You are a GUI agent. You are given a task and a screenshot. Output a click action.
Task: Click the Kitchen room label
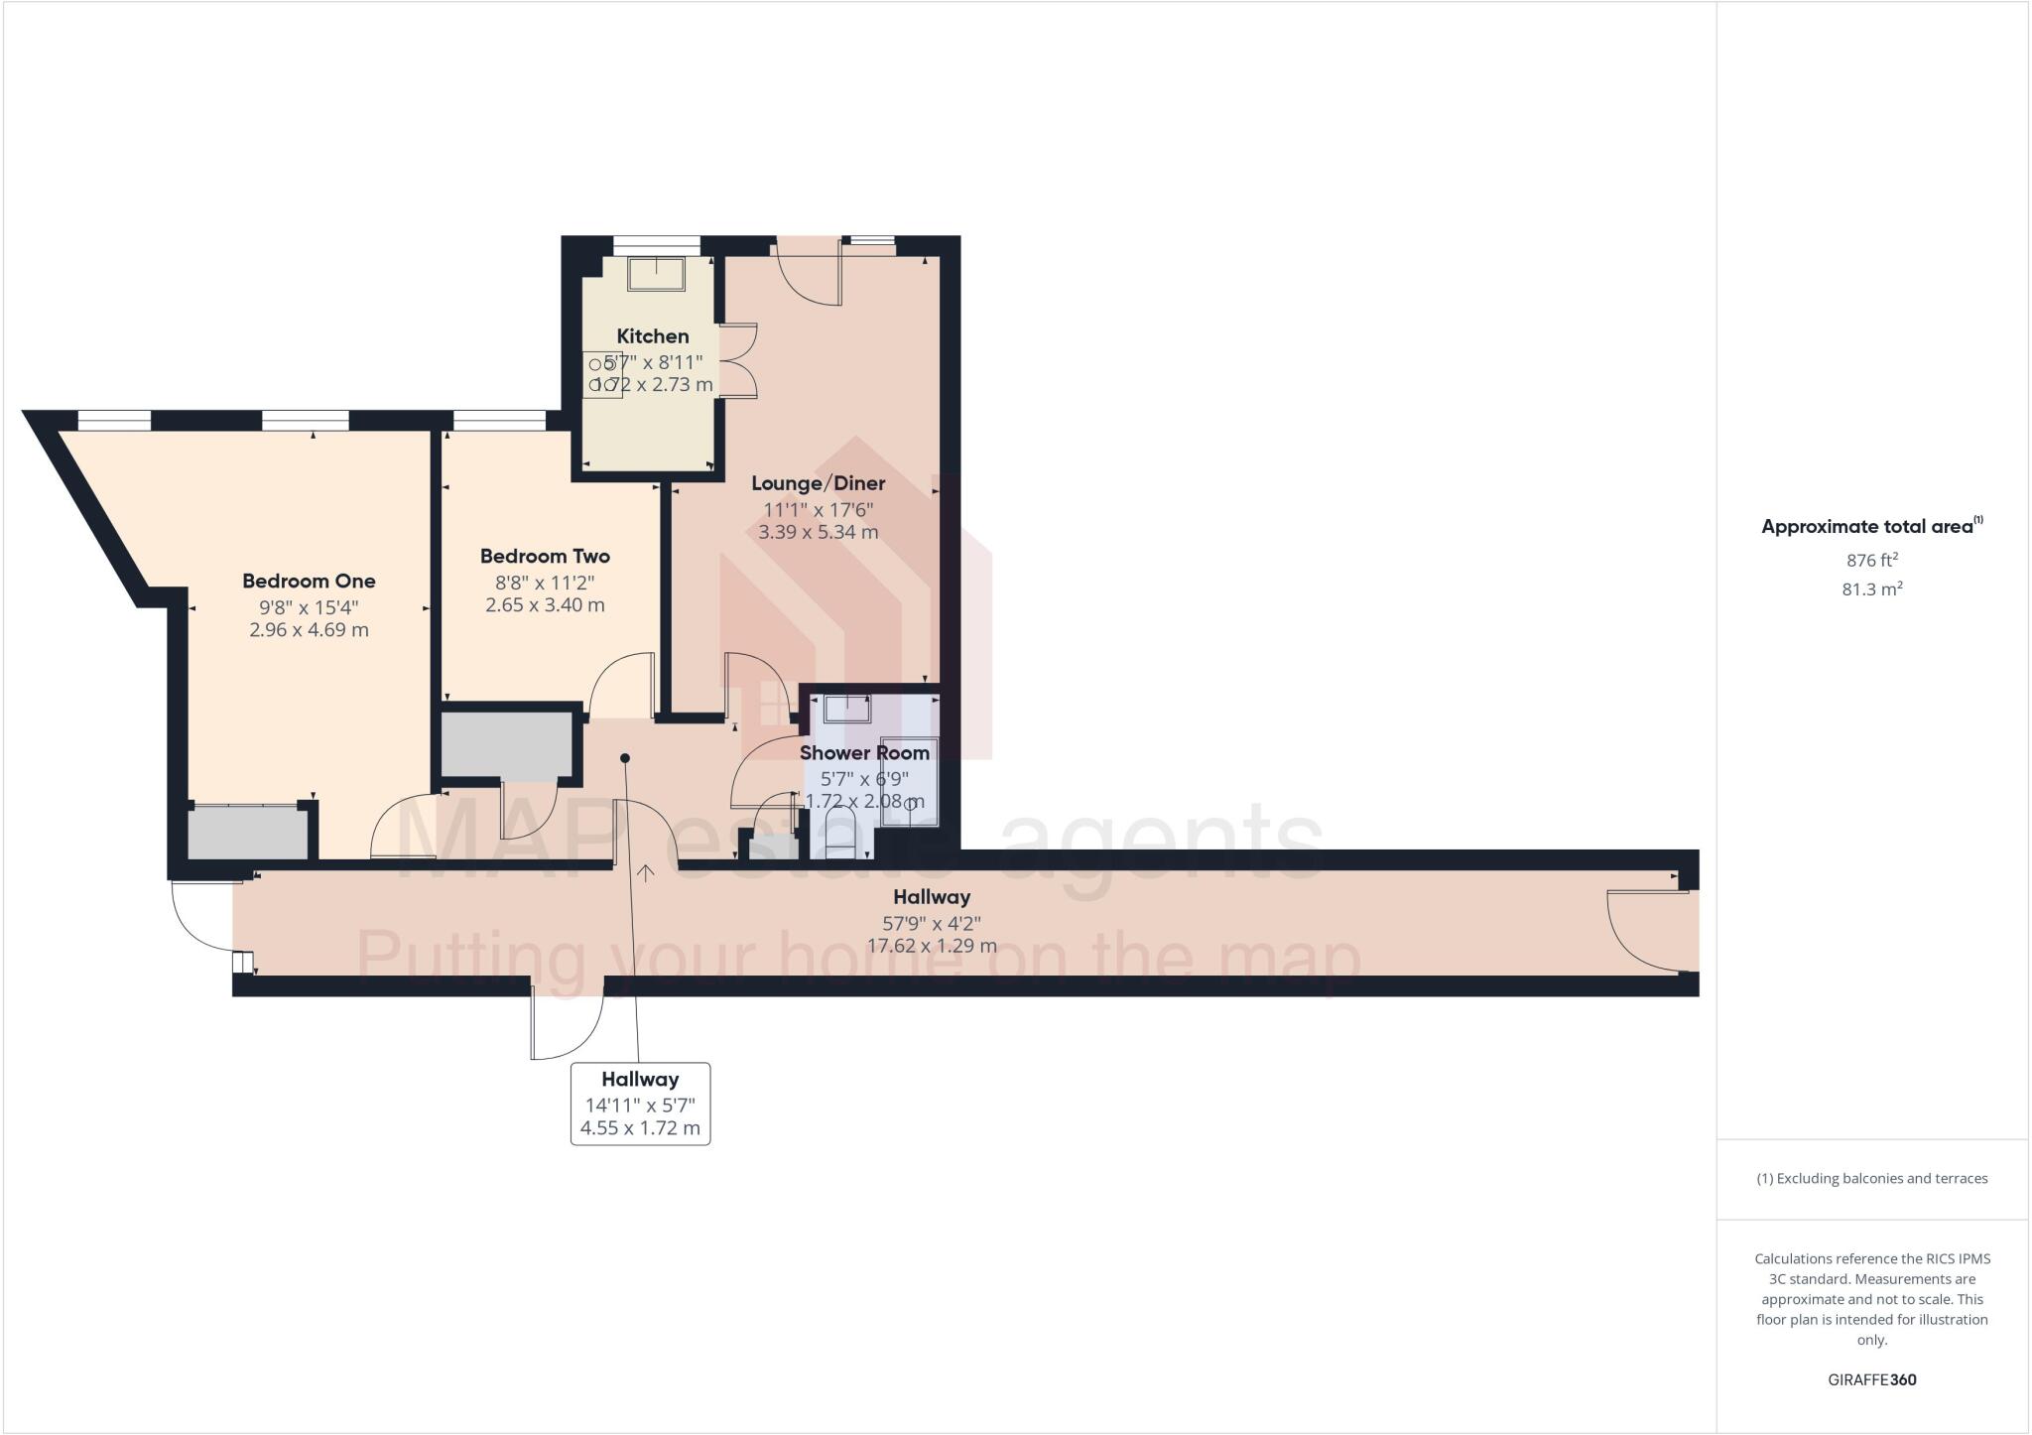(x=652, y=336)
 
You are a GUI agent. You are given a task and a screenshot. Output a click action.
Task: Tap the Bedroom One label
(x=309, y=581)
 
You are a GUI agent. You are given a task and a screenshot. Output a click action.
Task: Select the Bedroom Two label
(x=545, y=556)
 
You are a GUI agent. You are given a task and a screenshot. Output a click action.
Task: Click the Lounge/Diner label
(x=818, y=483)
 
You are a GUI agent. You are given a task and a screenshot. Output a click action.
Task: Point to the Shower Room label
(x=864, y=753)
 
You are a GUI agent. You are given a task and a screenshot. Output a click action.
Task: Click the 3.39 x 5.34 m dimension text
(x=818, y=532)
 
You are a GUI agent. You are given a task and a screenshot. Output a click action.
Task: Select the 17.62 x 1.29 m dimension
(x=932, y=946)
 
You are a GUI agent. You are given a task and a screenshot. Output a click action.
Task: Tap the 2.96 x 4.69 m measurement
(x=309, y=630)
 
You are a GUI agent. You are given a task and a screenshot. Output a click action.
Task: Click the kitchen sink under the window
(x=656, y=273)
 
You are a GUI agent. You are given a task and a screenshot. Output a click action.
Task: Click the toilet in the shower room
(x=840, y=834)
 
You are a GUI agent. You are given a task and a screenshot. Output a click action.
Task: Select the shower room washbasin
(x=846, y=709)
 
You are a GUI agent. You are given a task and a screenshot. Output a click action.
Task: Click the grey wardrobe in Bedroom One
(x=248, y=834)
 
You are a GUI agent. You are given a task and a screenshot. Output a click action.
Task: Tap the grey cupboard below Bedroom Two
(x=507, y=745)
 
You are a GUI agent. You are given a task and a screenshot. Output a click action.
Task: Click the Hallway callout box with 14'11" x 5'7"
(x=640, y=1104)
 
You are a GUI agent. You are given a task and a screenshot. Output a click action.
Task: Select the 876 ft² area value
(x=1871, y=560)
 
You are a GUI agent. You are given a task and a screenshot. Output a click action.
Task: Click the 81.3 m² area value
(x=1871, y=589)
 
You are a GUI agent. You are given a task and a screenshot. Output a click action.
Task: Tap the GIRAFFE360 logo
(x=1871, y=1379)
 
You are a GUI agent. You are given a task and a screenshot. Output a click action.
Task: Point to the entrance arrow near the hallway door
(x=646, y=872)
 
